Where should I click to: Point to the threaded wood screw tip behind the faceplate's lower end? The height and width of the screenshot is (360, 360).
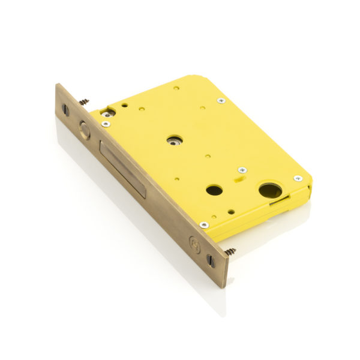click(230, 251)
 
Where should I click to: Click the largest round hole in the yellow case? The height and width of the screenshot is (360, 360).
click(269, 191)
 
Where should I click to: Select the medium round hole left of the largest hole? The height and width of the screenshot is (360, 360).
click(214, 190)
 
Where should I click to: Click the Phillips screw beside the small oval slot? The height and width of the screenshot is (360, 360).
click(242, 170)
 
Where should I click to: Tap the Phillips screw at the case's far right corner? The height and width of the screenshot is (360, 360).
click(297, 178)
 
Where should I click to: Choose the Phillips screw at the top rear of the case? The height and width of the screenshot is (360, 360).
click(221, 100)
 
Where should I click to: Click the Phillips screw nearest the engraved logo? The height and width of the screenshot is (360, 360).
click(204, 225)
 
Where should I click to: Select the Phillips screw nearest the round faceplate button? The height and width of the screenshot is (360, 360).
click(106, 124)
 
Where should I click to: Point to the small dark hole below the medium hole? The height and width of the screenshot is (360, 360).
click(231, 211)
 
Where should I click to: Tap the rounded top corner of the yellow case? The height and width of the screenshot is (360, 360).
click(192, 79)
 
